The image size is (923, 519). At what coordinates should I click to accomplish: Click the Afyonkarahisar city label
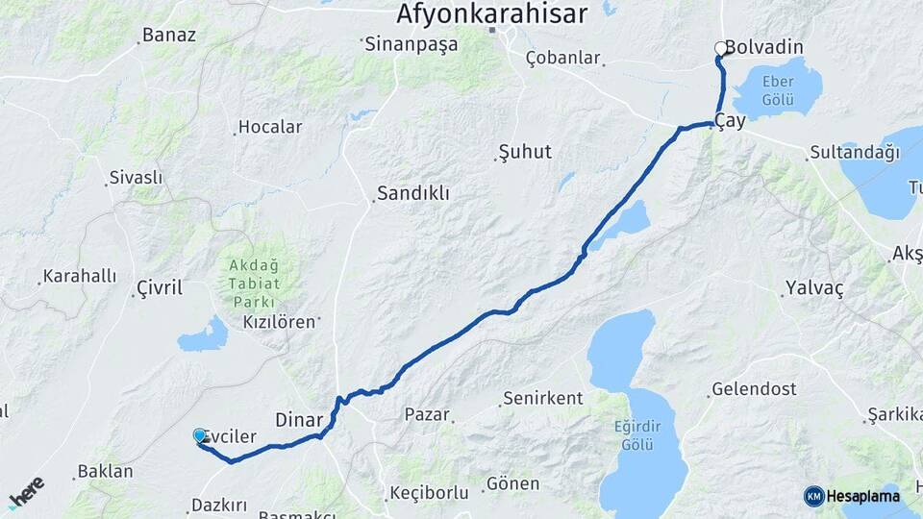(x=491, y=13)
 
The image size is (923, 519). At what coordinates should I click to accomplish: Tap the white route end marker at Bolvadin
(x=720, y=48)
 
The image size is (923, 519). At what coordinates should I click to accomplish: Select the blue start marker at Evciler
(x=200, y=435)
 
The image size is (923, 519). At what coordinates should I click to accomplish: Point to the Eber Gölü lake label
(x=777, y=91)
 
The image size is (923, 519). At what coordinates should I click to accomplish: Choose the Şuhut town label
(x=525, y=152)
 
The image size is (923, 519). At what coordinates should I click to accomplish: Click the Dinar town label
(x=299, y=419)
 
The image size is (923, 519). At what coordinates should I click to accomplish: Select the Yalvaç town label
(x=813, y=288)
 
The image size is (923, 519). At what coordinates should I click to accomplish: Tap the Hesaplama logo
(x=852, y=496)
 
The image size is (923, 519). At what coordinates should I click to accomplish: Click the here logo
(x=26, y=491)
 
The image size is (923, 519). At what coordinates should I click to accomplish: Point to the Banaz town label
(x=168, y=36)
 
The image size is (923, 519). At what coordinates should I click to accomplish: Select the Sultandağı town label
(x=854, y=152)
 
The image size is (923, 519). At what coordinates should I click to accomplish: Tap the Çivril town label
(x=159, y=287)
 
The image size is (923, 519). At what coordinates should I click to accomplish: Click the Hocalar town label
(x=270, y=127)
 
